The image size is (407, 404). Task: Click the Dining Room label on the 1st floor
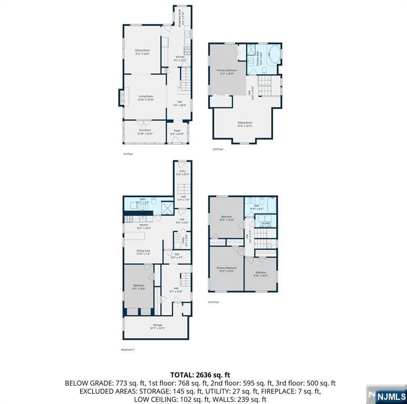(x=143, y=52)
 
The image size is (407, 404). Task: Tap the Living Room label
(x=146, y=97)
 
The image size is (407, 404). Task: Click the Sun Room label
(x=145, y=132)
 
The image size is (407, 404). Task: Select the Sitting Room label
(x=245, y=124)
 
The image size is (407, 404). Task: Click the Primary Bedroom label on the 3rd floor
(x=227, y=72)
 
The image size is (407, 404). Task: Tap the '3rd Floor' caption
(x=218, y=149)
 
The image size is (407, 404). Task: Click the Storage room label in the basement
(x=157, y=326)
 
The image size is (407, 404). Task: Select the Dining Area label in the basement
(x=144, y=252)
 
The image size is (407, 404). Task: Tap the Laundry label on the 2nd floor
(x=265, y=225)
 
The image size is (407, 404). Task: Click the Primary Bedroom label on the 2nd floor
(x=226, y=269)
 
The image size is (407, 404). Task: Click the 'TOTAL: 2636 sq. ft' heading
(x=200, y=375)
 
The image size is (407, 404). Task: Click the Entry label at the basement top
(x=182, y=172)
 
